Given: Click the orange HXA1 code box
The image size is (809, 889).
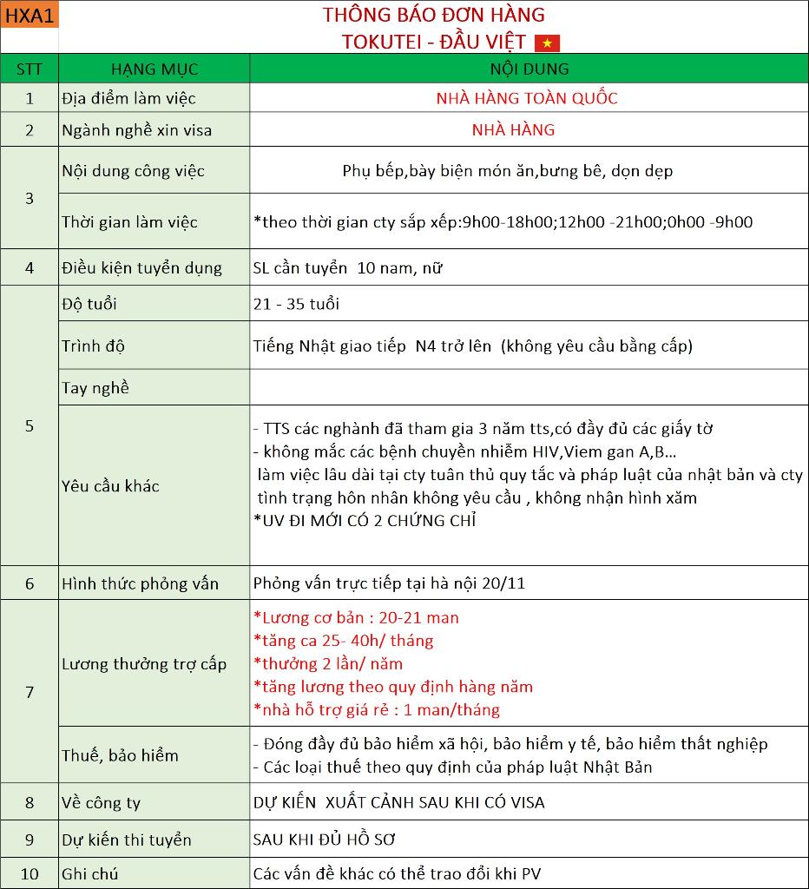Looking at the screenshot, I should point(30,15).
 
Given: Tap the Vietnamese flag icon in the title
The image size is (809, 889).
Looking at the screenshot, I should point(547,43).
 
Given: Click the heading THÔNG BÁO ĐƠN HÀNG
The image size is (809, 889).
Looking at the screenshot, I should point(433,15).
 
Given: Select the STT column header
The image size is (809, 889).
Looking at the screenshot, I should point(30,69).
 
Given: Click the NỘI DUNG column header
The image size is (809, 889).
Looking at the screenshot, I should point(529,69).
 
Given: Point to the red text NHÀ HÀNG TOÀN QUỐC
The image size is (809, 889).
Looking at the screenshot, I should point(527,98).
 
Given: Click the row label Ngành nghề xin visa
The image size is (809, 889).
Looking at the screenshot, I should point(136,130).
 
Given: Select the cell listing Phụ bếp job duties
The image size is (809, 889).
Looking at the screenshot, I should point(508,171).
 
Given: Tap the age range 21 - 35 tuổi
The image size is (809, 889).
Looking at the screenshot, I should point(296,304).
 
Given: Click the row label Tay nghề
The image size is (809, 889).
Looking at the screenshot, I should point(95,388).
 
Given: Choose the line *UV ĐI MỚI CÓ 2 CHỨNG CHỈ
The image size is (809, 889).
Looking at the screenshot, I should point(365,521).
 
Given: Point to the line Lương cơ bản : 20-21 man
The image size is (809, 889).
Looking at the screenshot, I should point(357,618).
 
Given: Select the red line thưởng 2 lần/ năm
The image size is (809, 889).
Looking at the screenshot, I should point(328,664).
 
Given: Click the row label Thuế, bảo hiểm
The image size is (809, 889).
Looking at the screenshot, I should point(120,755).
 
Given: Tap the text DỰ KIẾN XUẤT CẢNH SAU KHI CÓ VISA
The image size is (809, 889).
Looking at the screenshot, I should point(398,802).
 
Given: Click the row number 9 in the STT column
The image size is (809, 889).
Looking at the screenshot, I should point(30,840).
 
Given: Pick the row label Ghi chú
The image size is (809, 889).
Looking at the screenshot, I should point(89,874).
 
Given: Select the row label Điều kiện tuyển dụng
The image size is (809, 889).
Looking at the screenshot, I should point(141,268).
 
